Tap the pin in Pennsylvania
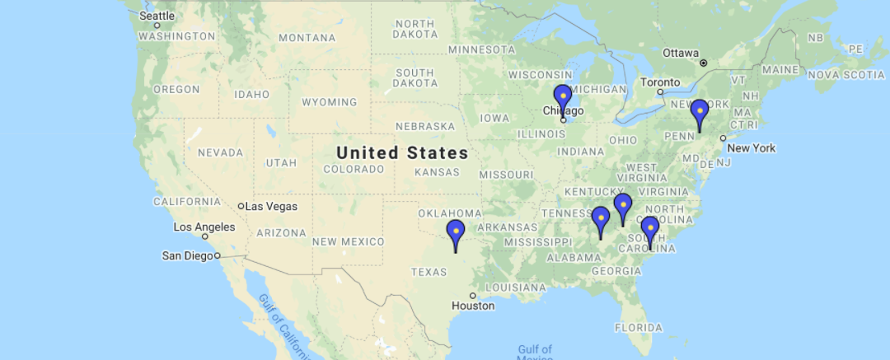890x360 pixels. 699,112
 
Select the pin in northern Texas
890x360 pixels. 455,233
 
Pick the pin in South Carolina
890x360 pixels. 650,229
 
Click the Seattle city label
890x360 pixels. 157,16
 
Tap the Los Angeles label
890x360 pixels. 204,227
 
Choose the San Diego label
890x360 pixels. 186,255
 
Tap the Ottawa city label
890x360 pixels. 681,53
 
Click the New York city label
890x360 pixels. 752,148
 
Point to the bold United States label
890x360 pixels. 402,152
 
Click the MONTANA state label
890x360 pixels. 307,38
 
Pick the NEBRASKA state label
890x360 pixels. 425,126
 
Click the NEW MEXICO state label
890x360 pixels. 348,241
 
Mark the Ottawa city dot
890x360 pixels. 703,63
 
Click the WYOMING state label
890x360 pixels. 329,102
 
